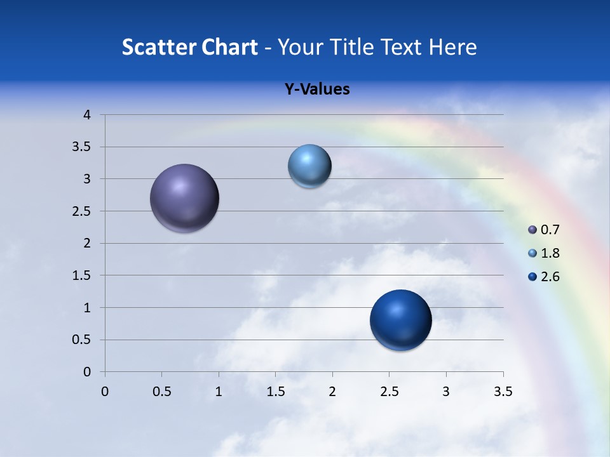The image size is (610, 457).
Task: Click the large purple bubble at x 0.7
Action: pos(184,198)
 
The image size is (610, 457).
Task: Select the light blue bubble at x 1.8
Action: pos(309,166)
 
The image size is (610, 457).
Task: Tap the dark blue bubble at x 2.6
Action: pos(400,320)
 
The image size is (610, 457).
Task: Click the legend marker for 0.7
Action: pos(532,230)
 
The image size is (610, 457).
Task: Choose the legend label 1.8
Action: pos(550,253)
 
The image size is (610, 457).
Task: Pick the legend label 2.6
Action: pos(550,277)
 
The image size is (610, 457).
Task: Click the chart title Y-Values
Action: pos(317,89)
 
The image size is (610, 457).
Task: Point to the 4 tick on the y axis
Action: pos(87,115)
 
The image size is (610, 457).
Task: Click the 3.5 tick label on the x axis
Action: pos(503,392)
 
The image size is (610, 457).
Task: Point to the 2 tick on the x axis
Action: pos(332,392)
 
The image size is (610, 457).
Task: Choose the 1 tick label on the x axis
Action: pos(219,392)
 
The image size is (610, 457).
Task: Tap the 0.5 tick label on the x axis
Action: pos(161,392)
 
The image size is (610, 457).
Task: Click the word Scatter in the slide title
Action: pos(159,47)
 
